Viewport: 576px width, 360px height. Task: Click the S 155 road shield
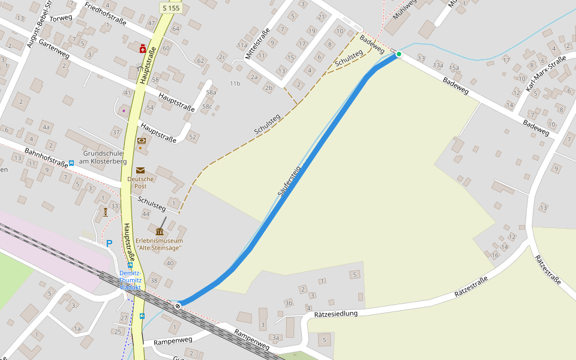[171, 8]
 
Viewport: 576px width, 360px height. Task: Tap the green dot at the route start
[398, 54]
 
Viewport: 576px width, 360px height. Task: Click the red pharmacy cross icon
[143, 47]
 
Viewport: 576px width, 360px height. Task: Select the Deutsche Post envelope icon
[140, 170]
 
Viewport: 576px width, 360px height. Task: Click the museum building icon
[160, 232]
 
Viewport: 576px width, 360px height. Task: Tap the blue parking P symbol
[109, 243]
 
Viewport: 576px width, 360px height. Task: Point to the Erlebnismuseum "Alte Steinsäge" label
[159, 244]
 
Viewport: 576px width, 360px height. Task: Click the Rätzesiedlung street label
[335, 314]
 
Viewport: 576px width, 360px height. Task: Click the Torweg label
[61, 18]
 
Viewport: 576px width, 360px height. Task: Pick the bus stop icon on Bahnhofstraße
[71, 163]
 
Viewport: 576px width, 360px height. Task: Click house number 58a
[211, 92]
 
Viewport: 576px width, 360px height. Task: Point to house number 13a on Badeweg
[439, 65]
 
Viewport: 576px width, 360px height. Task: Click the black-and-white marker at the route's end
[178, 305]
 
